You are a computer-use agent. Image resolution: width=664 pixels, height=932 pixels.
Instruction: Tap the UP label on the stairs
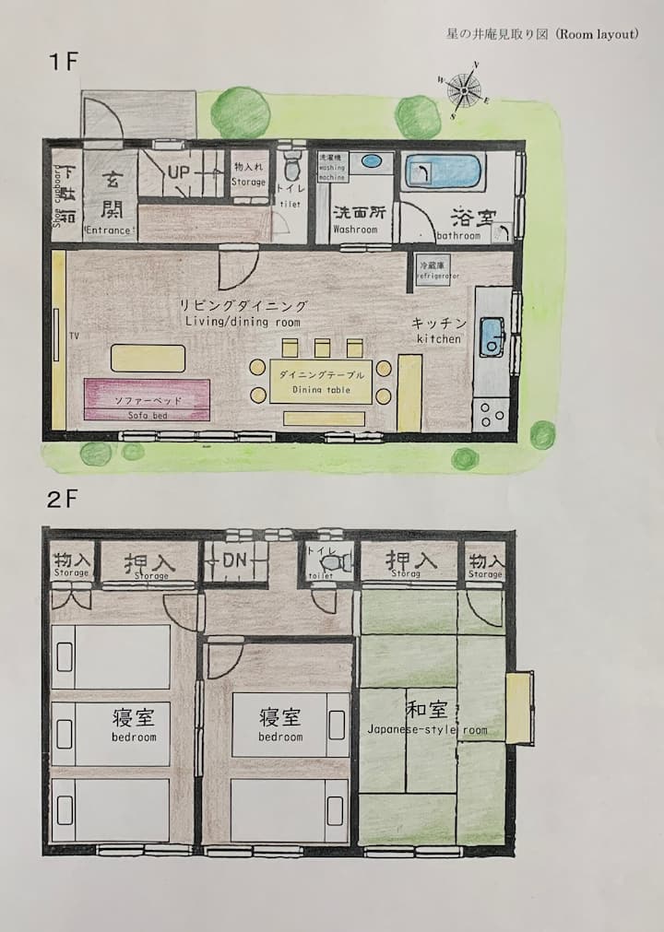(x=179, y=171)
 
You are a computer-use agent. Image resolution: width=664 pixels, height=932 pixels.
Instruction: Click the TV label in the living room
(x=73, y=336)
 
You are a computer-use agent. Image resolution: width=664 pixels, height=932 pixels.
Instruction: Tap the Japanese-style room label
(x=428, y=729)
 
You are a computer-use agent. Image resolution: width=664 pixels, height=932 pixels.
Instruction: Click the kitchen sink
(x=491, y=336)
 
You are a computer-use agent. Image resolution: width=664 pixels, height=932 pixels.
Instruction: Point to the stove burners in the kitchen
(x=490, y=414)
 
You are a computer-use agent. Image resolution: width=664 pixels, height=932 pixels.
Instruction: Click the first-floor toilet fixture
(x=292, y=168)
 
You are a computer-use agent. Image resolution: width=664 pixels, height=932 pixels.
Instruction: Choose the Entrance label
(x=110, y=228)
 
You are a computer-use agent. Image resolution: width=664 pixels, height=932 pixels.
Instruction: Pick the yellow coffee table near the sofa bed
(x=148, y=358)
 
